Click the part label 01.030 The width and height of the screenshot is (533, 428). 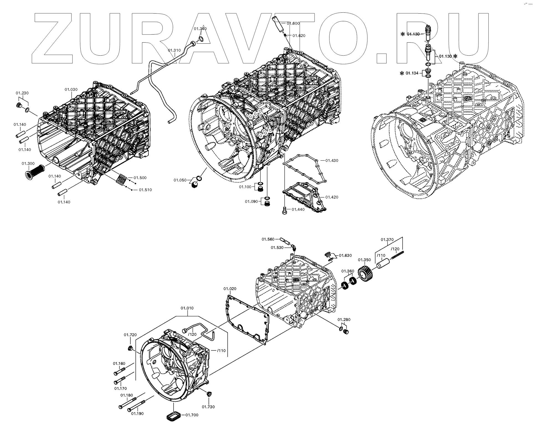coord(71,90)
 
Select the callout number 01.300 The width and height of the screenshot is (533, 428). coord(28,164)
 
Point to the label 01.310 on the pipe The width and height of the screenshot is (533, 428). coord(174,50)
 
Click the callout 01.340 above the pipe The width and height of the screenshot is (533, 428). coord(200,29)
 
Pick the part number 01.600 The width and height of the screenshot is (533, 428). coord(293,24)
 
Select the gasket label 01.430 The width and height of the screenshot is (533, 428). coord(331,160)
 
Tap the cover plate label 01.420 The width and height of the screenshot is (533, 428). coord(331,197)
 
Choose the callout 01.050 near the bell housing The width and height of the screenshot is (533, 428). coord(180,180)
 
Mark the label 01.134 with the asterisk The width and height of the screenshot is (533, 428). coord(412,73)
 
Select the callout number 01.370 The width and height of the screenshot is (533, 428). coord(387,240)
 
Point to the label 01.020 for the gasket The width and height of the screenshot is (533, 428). coord(230,289)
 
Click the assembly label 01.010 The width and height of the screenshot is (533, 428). coord(187,308)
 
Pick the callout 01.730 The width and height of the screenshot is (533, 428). coord(208,407)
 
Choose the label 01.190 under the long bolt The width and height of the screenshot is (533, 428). coord(137,414)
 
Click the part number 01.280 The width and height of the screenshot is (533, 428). coord(344,320)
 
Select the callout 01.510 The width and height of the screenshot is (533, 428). coord(145,190)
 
